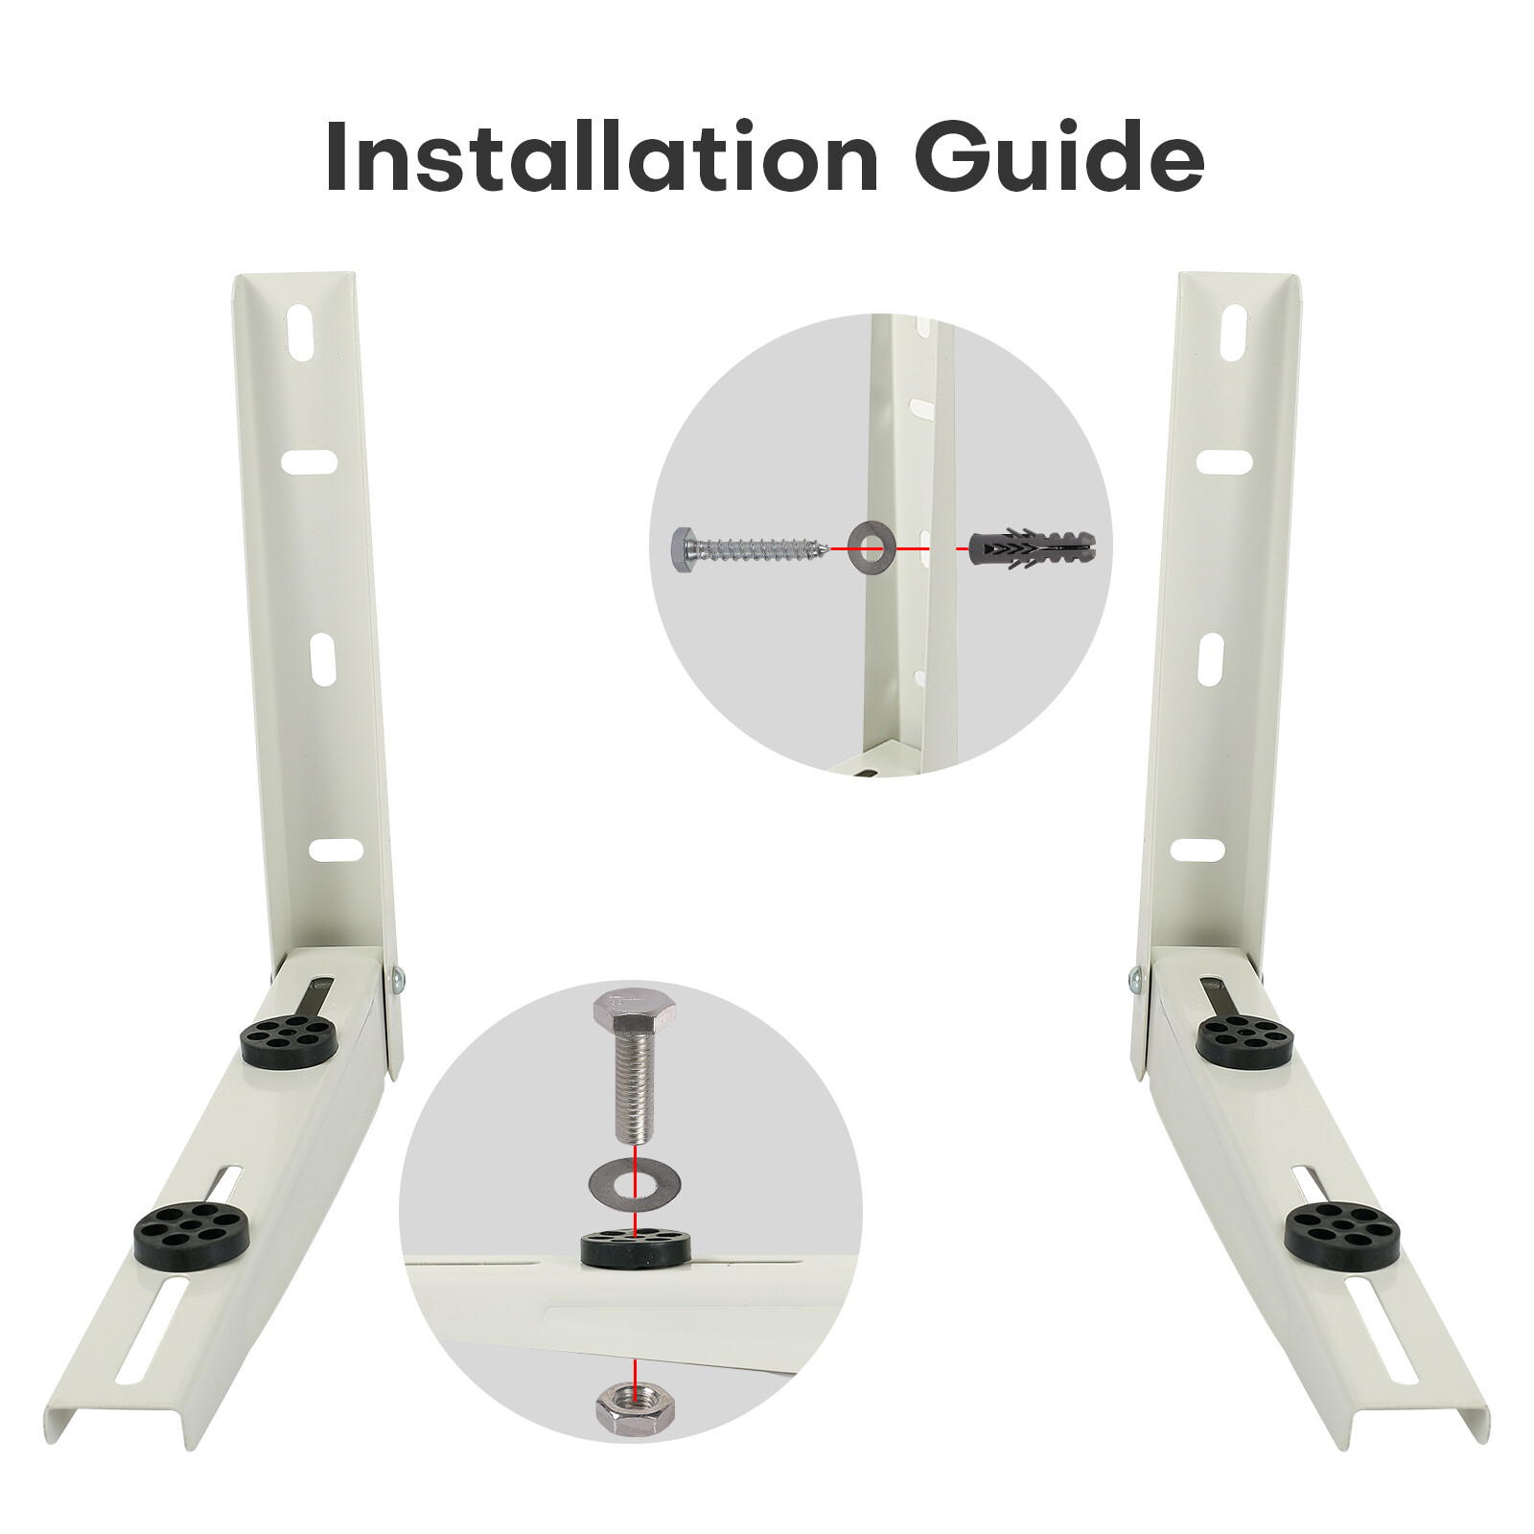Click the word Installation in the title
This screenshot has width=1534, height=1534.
(x=601, y=156)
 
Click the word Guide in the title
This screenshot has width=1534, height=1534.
(x=1058, y=156)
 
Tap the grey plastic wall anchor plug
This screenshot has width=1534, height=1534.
(x=1034, y=549)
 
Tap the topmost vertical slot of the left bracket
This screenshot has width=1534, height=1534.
(x=300, y=335)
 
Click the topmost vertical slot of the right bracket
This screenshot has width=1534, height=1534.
(x=1236, y=335)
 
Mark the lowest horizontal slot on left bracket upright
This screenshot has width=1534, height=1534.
(x=335, y=850)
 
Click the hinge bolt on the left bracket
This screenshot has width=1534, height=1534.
(x=397, y=980)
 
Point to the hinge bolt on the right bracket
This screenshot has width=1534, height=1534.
(x=1136, y=980)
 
